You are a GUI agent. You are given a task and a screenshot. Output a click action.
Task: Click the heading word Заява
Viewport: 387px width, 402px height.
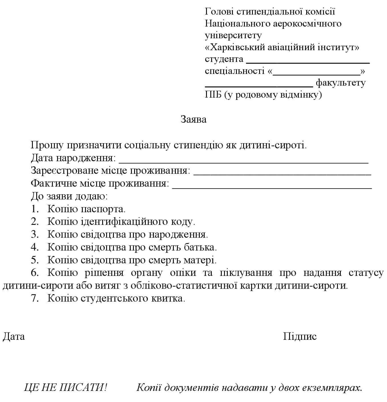pos(193,119)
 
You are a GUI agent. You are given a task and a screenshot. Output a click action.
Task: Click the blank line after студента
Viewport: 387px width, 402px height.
pos(308,62)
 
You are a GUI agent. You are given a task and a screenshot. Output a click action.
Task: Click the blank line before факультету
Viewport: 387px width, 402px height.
pos(259,86)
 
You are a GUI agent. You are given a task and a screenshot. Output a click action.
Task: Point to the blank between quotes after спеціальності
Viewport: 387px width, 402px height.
pos(316,74)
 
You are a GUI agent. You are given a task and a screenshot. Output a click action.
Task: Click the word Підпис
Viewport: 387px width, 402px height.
pos(300,336)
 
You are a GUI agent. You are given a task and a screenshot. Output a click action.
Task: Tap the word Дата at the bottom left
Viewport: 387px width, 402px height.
pos(14,336)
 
